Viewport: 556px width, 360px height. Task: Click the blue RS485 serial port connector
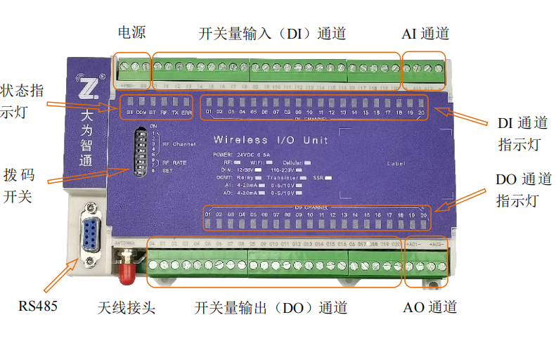91,226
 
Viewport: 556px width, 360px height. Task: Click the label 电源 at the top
132,33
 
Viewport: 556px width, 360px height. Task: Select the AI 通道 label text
425,34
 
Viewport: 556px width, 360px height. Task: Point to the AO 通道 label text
430,307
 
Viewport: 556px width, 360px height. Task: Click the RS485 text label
37,306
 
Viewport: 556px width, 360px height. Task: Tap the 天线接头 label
126,308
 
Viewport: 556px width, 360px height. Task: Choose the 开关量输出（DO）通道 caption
271,308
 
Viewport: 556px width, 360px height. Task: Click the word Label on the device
396,163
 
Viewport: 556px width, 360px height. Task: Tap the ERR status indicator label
186,112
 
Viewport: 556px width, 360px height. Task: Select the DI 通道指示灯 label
519,133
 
